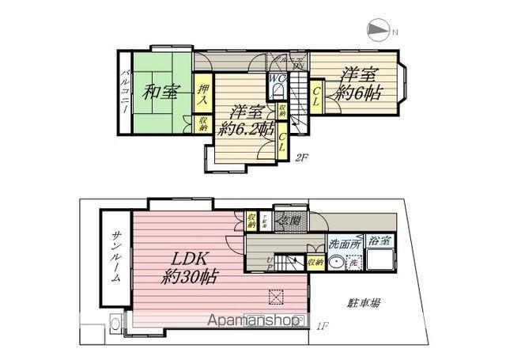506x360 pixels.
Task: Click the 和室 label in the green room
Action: click(x=160, y=92)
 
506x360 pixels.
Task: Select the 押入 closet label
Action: click(x=203, y=96)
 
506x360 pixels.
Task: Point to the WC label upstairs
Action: click(x=279, y=79)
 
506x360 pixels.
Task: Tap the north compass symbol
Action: click(x=380, y=31)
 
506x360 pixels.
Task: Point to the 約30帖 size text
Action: click(x=190, y=279)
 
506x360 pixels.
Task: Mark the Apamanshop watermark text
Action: click(x=253, y=321)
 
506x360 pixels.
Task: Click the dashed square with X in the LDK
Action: click(x=277, y=298)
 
